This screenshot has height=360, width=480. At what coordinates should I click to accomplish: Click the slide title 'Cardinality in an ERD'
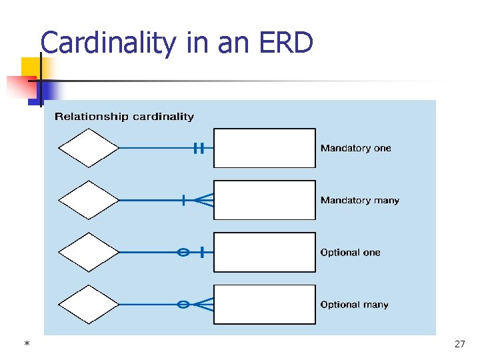click(177, 44)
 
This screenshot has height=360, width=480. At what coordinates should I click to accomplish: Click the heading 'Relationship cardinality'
click(124, 117)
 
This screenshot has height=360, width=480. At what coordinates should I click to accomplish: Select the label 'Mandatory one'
click(355, 148)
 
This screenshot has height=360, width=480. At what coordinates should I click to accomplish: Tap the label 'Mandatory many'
click(359, 200)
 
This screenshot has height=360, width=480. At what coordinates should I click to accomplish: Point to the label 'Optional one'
click(350, 253)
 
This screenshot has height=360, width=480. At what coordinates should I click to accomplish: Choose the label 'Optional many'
click(354, 305)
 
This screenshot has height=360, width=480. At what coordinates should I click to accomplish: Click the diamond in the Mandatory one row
click(88, 148)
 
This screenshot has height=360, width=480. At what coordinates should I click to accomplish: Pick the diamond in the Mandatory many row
click(88, 200)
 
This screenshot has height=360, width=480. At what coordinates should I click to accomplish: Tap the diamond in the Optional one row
click(88, 252)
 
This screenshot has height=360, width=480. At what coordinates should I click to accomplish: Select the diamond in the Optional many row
click(88, 304)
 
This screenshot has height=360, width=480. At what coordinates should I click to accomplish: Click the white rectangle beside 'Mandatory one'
click(265, 148)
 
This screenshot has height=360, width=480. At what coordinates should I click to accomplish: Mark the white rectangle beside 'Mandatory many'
click(265, 200)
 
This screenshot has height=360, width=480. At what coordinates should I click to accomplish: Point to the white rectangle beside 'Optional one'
click(265, 252)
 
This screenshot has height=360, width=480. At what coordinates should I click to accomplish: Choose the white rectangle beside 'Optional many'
click(265, 304)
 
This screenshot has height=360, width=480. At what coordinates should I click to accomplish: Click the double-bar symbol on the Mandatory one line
click(198, 148)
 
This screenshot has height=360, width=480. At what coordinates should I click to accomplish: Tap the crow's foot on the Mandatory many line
click(205, 200)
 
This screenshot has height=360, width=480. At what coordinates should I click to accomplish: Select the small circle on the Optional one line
click(183, 252)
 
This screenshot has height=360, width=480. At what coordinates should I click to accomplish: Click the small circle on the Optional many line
click(183, 304)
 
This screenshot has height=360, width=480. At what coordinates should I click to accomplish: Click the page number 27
click(459, 344)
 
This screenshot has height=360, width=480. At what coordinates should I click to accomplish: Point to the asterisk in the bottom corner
click(27, 344)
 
